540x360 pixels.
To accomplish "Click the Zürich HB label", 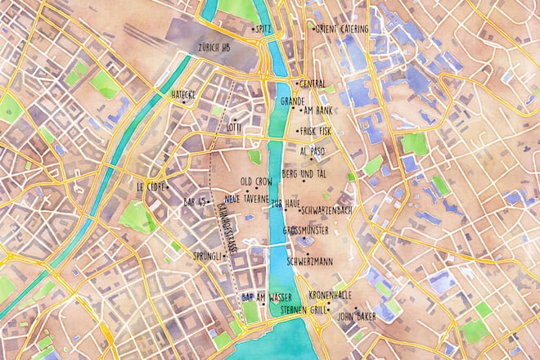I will [214, 47].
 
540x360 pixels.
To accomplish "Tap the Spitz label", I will [263, 28].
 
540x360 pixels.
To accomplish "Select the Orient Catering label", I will [342, 28].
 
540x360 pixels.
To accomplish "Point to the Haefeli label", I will [184, 95].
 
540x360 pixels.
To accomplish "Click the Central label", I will [312, 84].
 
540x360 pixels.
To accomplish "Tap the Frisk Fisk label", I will [315, 130].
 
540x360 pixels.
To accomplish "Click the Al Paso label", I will [313, 151].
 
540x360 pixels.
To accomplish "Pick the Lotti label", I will [233, 128].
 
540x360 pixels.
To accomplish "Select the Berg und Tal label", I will [304, 174].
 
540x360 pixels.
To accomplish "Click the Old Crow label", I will [256, 181].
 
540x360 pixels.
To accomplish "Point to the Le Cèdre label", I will [151, 187].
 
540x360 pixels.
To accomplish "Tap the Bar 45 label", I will [194, 200].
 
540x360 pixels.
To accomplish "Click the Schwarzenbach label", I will [327, 210].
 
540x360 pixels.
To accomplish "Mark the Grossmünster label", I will [306, 231].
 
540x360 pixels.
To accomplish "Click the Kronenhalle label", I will [331, 294].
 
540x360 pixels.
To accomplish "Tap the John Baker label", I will [357, 315].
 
